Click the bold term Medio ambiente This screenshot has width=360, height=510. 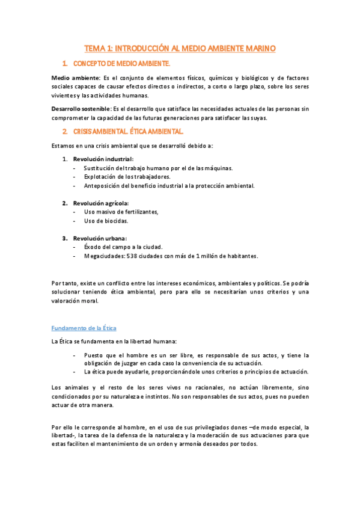pyautogui.click(x=76, y=78)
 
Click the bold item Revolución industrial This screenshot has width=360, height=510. pyautogui.click(x=99, y=159)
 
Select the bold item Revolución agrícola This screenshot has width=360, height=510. pyautogui.click(x=98, y=203)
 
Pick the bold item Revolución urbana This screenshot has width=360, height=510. pyautogui.click(x=96, y=238)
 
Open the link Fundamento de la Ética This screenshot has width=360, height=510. pyautogui.click(x=84, y=328)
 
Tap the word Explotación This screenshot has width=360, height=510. pyautogui.click(x=100, y=177)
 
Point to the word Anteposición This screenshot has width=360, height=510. pyautogui.click(x=103, y=186)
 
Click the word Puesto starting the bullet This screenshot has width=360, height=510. pyautogui.click(x=94, y=355)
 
